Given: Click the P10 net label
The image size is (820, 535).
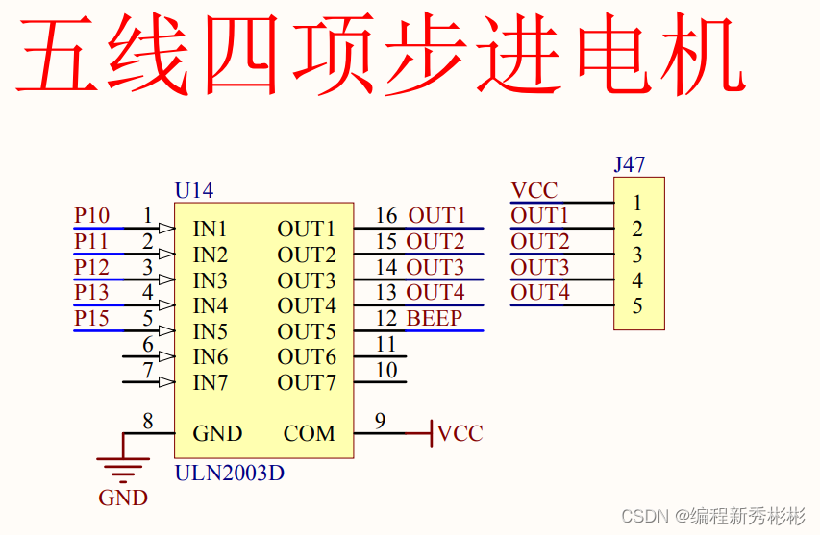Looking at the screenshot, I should click(x=92, y=216).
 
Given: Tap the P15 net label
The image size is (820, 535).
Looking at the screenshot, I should click(x=92, y=319).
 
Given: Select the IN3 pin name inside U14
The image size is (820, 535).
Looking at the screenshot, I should click(x=211, y=280).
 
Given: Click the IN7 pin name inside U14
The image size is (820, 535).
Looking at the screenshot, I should click(x=211, y=382).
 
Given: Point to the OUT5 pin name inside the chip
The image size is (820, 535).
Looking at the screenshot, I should click(x=307, y=331).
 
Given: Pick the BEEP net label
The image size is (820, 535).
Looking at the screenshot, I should click(x=435, y=319).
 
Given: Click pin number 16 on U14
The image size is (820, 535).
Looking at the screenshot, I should click(x=386, y=216).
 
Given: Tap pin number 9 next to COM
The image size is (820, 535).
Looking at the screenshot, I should click(x=381, y=420).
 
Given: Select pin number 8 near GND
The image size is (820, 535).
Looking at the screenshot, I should click(x=147, y=420).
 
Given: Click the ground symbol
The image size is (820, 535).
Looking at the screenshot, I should click(x=123, y=469).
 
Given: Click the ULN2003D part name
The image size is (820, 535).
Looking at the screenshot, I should click(x=230, y=474).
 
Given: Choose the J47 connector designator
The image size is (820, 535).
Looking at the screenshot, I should click(x=630, y=164).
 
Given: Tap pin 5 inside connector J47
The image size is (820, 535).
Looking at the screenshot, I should click(x=637, y=306).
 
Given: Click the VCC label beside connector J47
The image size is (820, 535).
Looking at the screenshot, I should click(x=534, y=190).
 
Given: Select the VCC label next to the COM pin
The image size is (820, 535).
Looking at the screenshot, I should click(x=460, y=434).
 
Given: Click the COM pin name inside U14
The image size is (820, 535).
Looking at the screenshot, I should click(x=310, y=434).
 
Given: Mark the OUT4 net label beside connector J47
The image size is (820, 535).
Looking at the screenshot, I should click(x=540, y=293).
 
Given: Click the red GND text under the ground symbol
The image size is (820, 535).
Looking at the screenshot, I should click(x=123, y=498).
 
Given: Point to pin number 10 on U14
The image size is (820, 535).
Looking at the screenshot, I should click(x=386, y=370).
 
